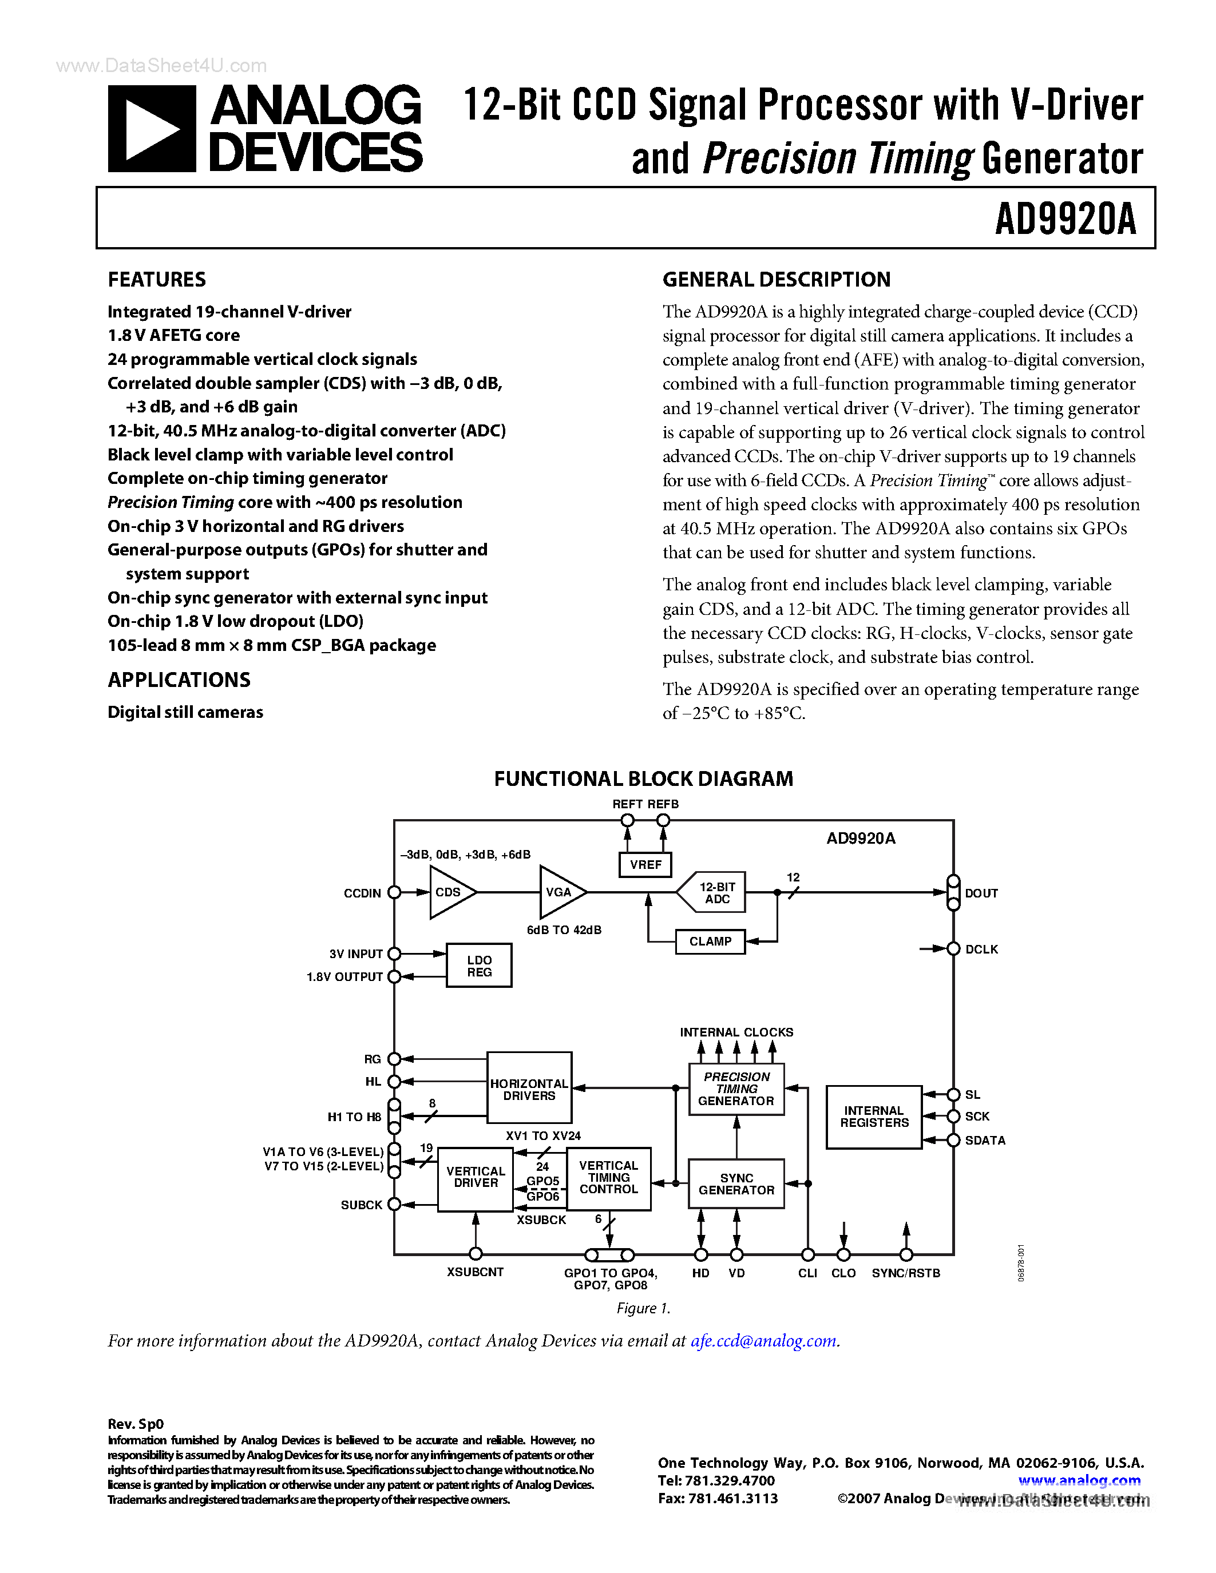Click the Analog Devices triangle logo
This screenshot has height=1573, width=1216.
coord(151,129)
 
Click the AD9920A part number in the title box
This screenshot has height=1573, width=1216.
coord(1065,219)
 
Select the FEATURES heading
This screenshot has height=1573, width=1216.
coord(156,280)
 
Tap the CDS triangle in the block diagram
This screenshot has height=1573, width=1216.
coord(450,892)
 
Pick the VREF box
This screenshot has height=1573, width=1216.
coord(645,864)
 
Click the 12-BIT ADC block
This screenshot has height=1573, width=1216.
coord(715,893)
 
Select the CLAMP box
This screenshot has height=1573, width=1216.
coord(710,942)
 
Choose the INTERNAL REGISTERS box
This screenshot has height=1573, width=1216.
coord(874,1117)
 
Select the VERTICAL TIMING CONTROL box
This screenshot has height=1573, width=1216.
coord(609,1178)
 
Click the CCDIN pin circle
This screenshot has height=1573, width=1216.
coord(394,893)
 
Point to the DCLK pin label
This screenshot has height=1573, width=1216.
coord(981,950)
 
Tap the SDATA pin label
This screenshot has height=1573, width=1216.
coord(985,1140)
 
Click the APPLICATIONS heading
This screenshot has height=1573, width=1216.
coord(179,680)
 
